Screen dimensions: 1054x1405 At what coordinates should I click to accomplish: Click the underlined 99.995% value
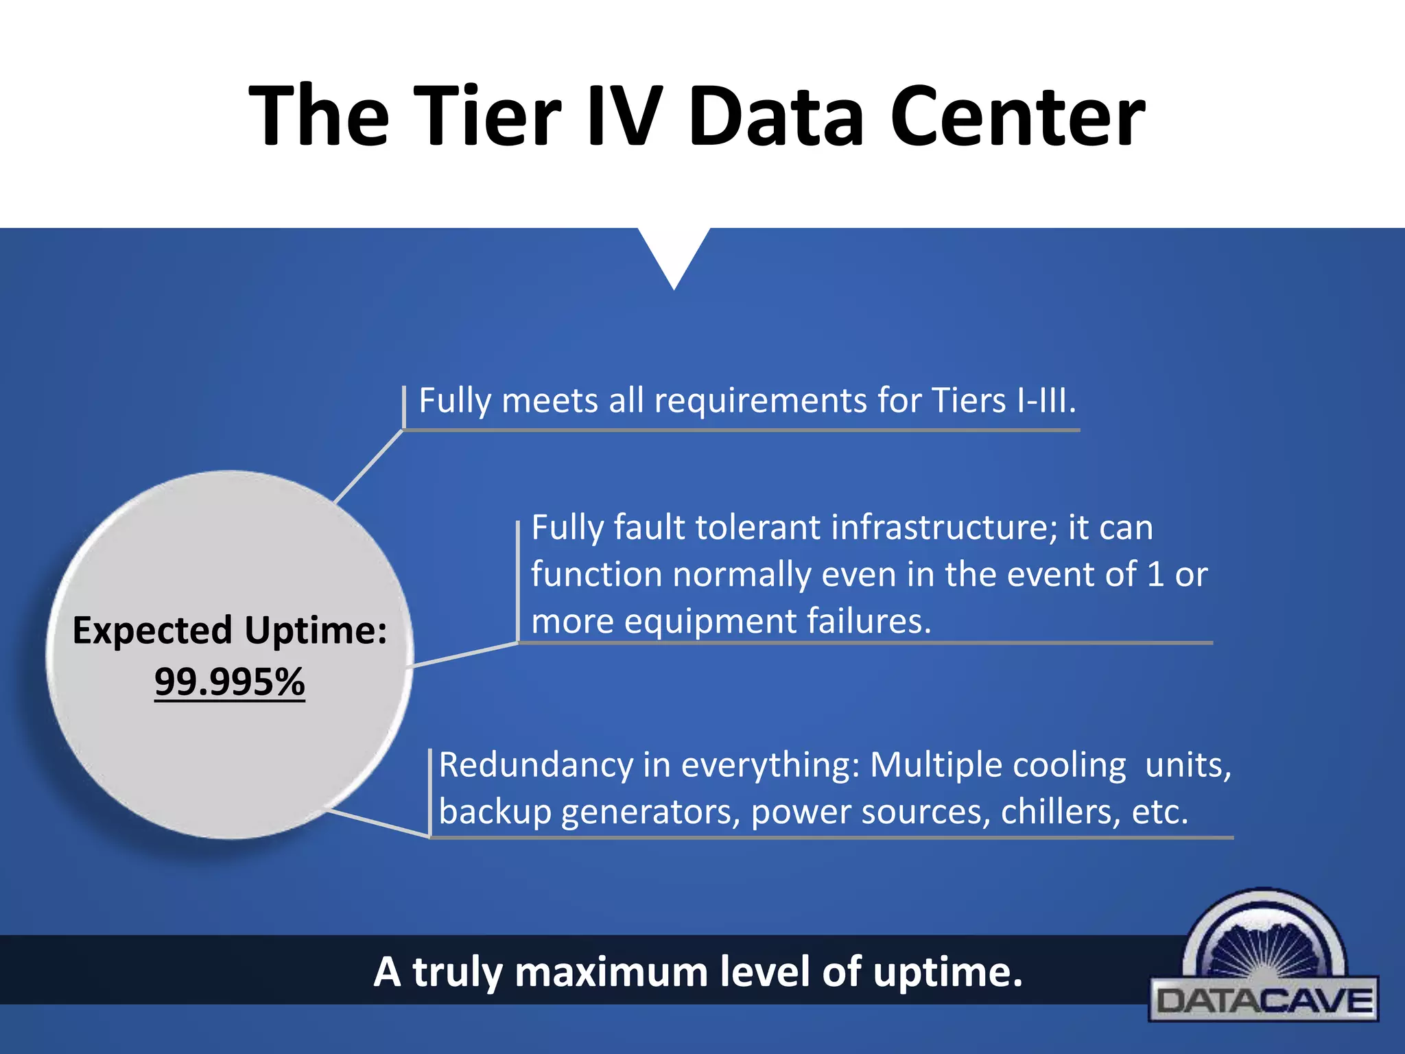coord(229,681)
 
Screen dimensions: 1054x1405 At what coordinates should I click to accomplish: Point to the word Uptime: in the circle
coord(316,630)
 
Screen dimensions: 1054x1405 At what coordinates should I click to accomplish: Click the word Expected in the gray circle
coord(152,630)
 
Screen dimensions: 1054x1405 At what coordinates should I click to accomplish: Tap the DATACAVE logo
coord(1264,961)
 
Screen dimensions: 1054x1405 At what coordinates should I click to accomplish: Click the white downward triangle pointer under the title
coord(674,254)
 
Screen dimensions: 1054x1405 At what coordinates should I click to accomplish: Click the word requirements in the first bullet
coord(760,400)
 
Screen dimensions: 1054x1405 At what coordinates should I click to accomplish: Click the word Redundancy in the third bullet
coord(536,764)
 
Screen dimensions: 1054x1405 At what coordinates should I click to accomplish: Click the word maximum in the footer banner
coord(611,972)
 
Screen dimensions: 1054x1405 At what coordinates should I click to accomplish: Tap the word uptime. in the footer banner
coord(947,972)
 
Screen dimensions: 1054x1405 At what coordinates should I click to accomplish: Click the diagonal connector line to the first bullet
coord(368,467)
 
